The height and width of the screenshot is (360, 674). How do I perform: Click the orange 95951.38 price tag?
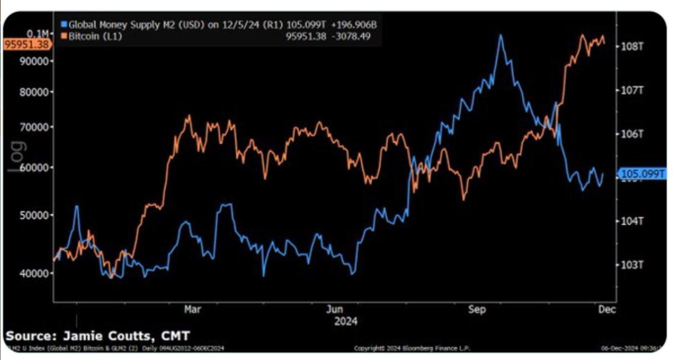[x=26, y=44]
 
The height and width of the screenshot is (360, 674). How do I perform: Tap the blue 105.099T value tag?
[x=642, y=174]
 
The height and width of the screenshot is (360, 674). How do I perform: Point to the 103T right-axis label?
[x=632, y=265]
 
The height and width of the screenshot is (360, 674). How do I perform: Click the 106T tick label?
[x=632, y=134]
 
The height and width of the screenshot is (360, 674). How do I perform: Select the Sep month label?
[x=477, y=309]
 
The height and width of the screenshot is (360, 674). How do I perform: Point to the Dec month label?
[x=608, y=309]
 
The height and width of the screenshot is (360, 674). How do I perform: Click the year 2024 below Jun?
[x=346, y=321]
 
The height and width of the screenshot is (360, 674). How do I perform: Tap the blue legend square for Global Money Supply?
[x=64, y=24]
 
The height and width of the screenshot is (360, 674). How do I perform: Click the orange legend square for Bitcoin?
[x=64, y=36]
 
